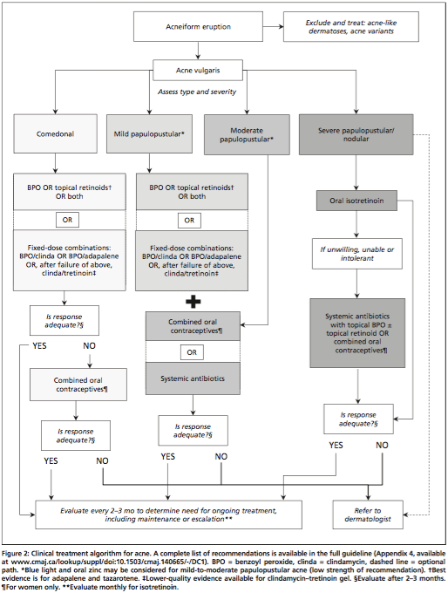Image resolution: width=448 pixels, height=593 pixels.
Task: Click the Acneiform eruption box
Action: (198, 26)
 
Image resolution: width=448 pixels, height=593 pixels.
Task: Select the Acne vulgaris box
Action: (197, 70)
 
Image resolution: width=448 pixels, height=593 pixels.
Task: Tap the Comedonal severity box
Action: (55, 134)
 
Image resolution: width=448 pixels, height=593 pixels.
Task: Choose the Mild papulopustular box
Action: (149, 134)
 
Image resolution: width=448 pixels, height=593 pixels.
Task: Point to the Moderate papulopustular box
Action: (247, 134)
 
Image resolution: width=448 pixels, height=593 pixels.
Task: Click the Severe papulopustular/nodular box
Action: (356, 134)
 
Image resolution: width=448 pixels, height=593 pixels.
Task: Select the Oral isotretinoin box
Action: (356, 201)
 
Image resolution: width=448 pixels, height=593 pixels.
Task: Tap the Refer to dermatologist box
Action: (368, 515)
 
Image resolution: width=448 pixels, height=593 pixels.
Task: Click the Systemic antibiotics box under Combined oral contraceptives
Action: (193, 378)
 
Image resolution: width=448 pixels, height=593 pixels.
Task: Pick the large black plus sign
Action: (193, 302)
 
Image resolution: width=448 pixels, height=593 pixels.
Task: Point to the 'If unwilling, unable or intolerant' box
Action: (356, 254)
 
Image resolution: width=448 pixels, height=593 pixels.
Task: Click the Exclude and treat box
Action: (351, 26)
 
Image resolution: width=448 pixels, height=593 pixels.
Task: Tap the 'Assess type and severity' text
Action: (197, 92)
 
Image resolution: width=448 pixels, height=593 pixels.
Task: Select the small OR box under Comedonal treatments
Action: (67, 220)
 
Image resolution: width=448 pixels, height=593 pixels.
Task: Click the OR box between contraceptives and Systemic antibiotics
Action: (192, 352)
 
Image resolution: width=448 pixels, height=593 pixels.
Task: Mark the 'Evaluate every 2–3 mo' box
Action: (168, 515)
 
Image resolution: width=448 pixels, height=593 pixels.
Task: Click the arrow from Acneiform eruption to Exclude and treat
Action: (274, 26)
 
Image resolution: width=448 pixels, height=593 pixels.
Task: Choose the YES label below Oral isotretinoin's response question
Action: (336, 445)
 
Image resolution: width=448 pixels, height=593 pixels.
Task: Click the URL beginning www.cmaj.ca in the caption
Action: (109, 562)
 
